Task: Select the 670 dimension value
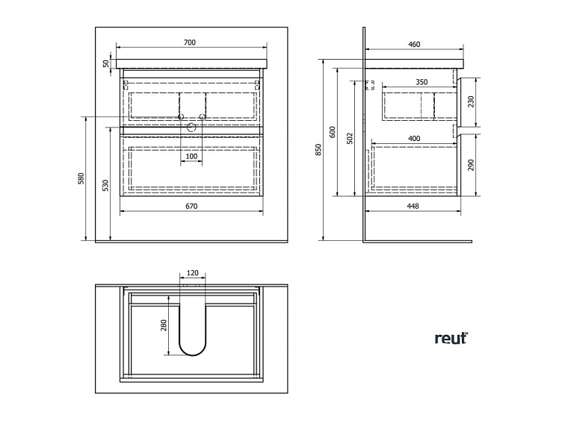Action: coord(191,207)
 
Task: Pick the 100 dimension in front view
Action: coord(191,157)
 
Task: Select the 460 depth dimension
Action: coord(414,45)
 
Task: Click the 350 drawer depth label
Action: coord(422,82)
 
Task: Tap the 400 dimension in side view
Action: coord(414,139)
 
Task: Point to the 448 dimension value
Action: coord(413,207)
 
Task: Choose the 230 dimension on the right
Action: coord(471,101)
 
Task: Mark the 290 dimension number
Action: coord(471,166)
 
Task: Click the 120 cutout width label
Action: coord(192,274)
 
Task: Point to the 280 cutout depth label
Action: coord(162,326)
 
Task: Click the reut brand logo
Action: coord(451,338)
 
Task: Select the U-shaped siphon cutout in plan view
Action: coord(192,328)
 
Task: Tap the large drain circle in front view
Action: coord(191,127)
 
